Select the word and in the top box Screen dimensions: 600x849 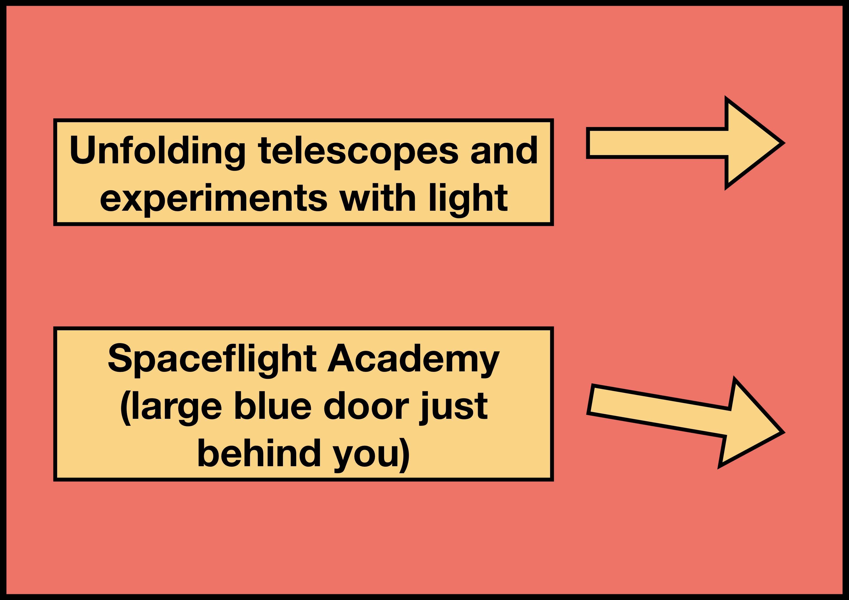(x=504, y=150)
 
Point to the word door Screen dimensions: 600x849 (x=366, y=405)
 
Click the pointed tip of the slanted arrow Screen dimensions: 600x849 (x=780, y=432)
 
